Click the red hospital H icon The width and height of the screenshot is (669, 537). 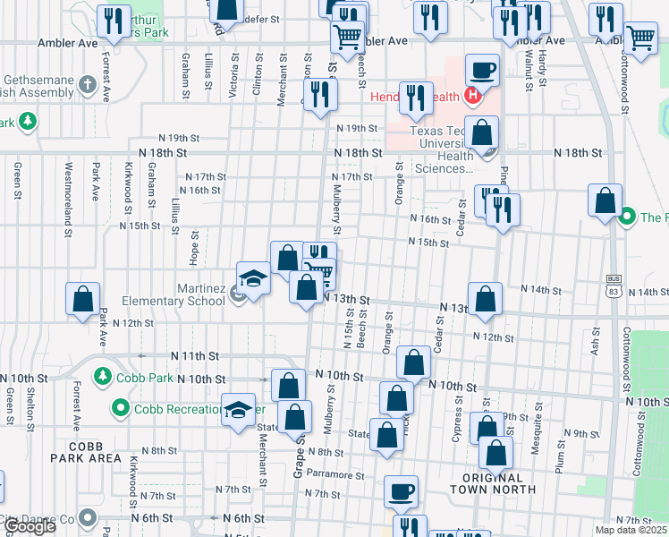coord(474,97)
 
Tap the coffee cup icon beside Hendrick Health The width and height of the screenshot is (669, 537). coord(483,69)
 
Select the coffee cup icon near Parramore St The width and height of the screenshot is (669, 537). coord(401,490)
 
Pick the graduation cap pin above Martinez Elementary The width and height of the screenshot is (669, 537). coord(253,277)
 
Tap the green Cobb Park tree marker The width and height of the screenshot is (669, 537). coord(104,377)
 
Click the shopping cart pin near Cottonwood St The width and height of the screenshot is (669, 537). coord(640,38)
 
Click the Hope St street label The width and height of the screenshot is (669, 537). coord(194,248)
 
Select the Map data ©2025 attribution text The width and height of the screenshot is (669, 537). coord(631,530)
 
